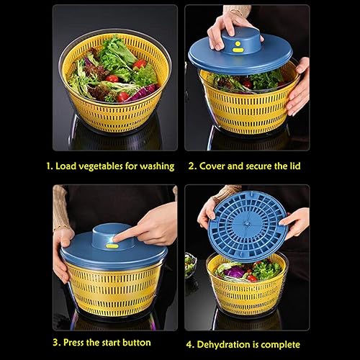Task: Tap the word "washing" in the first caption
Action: coord(154,166)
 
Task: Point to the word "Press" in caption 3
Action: coord(76,342)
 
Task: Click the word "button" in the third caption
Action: coord(135,342)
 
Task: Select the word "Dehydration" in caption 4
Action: coord(233,344)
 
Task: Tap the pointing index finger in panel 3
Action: coord(126,232)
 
